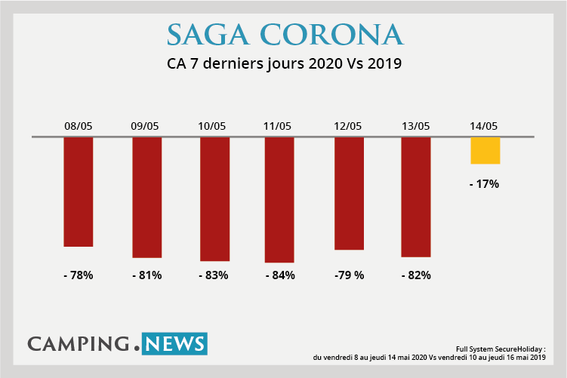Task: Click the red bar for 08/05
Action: point(79,192)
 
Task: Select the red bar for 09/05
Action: point(146,198)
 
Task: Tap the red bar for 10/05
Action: point(214,199)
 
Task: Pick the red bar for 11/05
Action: point(279,200)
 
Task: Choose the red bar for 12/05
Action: point(349,193)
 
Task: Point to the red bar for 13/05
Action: point(416,197)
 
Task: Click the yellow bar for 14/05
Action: point(485,150)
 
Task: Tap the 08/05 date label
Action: point(79,126)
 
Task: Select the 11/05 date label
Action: point(279,126)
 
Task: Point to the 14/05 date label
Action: point(484,126)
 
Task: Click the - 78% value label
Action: point(79,275)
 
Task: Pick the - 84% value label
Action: point(280,275)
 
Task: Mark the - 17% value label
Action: point(484,183)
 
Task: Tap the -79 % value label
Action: point(349,275)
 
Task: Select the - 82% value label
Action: point(416,275)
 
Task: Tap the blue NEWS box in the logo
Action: point(174,344)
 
